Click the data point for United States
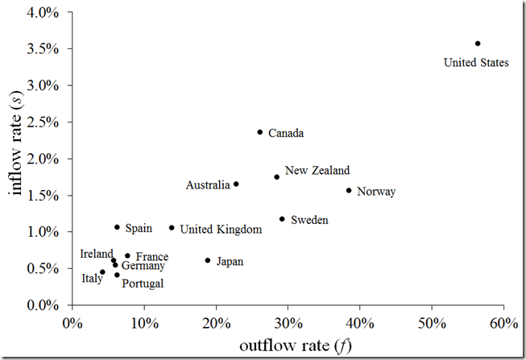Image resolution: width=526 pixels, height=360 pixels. coord(478,43)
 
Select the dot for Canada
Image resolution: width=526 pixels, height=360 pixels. coord(260,132)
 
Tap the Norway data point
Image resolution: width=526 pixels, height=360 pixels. coord(349,191)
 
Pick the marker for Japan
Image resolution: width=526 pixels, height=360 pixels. coord(208,261)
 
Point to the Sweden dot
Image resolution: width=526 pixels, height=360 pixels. coord(282,219)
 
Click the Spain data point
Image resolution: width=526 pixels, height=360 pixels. coord(117,227)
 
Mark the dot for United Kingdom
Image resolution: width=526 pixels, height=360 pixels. coord(172,228)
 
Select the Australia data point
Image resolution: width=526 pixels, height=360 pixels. coord(236,184)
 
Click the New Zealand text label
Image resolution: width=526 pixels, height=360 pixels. coord(317,171)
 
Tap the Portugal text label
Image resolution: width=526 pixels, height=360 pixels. coord(143,283)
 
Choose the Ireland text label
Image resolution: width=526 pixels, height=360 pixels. coord(97,254)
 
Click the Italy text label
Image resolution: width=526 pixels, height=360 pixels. coord(92,279)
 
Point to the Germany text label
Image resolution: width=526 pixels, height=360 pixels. coord(143,266)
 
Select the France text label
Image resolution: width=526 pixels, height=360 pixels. coord(151,257)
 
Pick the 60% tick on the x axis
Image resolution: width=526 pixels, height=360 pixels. coord(503,324)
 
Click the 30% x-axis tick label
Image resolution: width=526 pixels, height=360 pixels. coord(288,324)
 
